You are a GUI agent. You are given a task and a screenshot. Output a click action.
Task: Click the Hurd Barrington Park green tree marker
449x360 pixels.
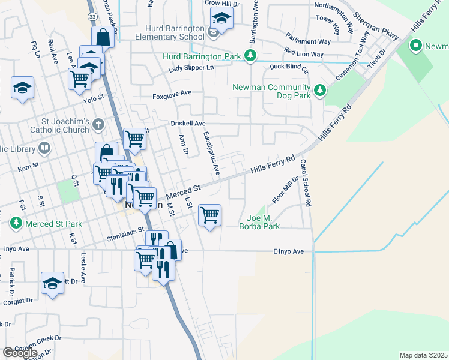click(251, 56)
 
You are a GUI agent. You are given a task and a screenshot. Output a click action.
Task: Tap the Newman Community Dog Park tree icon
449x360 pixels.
click(321, 90)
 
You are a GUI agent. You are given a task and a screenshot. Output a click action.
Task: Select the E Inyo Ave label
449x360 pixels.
click(289, 251)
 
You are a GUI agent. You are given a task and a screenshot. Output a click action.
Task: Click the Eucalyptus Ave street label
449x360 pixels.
click(211, 154)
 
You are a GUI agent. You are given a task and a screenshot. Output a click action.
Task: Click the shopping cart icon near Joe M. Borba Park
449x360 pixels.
click(209, 215)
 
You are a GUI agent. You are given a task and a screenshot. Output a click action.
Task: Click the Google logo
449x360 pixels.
click(20, 353)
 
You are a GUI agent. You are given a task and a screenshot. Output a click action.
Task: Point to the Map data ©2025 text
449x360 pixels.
click(423, 355)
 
